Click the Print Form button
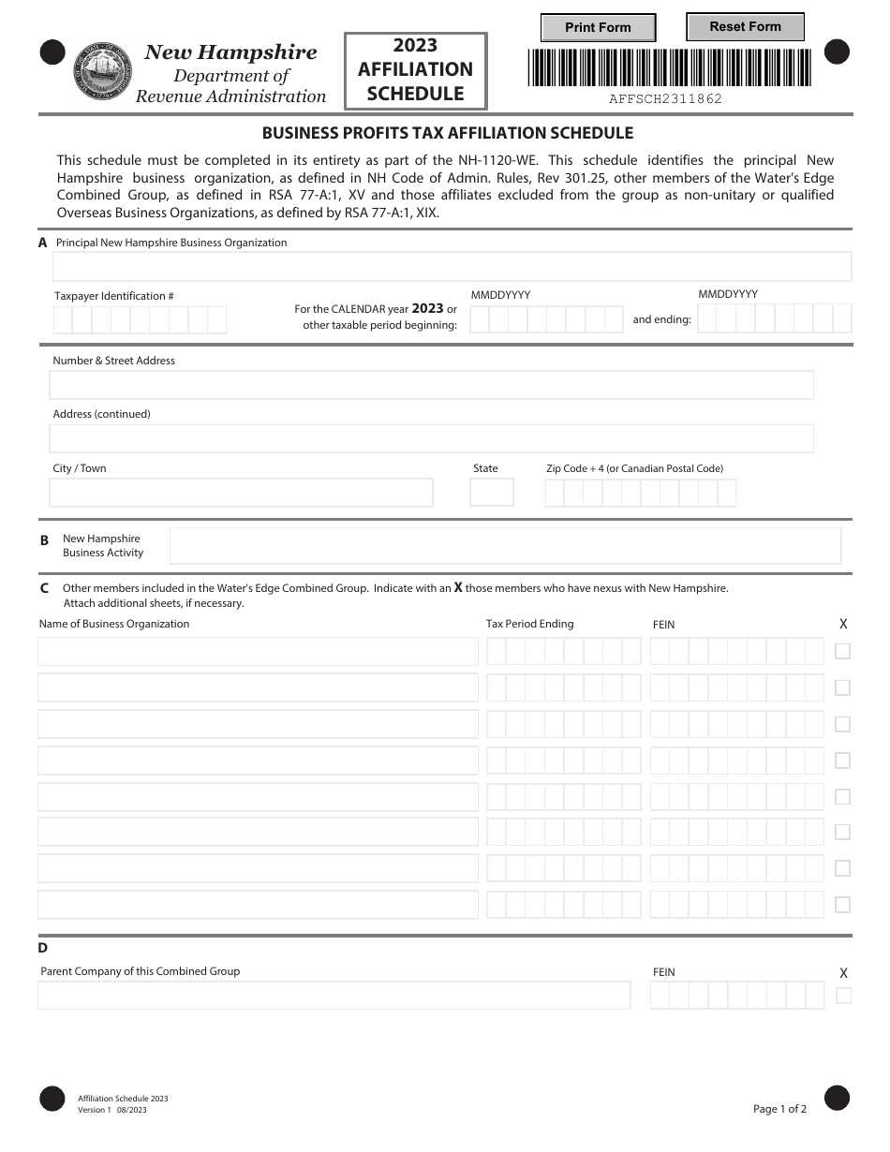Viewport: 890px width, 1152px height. (x=598, y=28)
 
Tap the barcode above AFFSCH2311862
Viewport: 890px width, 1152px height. (x=669, y=67)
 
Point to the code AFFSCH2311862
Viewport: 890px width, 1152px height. (x=666, y=98)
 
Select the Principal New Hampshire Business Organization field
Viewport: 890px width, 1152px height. (x=452, y=267)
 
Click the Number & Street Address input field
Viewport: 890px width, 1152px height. (x=431, y=385)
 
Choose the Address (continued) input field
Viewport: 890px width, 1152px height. (x=431, y=438)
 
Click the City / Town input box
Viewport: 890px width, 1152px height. (x=241, y=493)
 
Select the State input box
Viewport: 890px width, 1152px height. (x=491, y=493)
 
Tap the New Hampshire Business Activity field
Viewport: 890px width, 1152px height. (x=505, y=546)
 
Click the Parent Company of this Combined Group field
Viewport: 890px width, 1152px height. (x=334, y=996)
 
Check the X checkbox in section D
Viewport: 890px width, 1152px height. (x=843, y=996)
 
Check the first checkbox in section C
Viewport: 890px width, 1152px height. (x=842, y=651)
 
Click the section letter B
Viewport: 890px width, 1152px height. (x=44, y=540)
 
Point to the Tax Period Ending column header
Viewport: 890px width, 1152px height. (x=529, y=624)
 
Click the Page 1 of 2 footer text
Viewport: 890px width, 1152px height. (x=779, y=1109)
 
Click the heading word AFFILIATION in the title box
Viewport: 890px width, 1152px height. (x=415, y=69)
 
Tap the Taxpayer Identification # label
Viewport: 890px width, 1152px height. (x=114, y=296)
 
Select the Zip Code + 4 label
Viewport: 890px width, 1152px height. (x=634, y=468)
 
